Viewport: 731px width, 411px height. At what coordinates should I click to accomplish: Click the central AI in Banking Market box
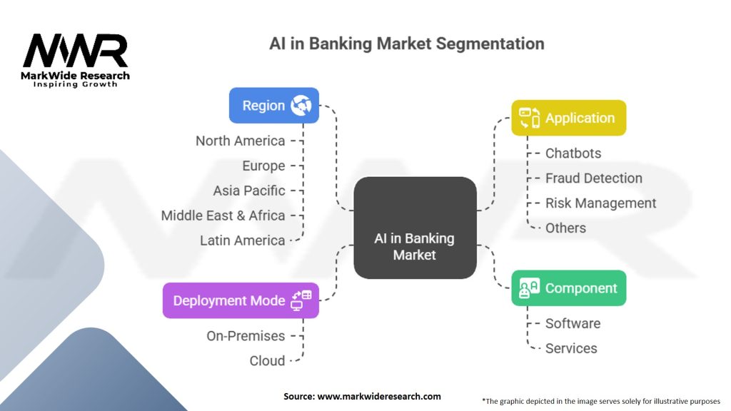(x=415, y=228)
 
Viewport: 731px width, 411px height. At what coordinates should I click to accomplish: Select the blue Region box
(x=273, y=106)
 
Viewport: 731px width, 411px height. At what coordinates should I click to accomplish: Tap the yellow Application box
(x=568, y=118)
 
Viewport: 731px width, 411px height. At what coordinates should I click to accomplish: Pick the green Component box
(x=568, y=288)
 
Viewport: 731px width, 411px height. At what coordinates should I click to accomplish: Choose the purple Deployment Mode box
(x=241, y=300)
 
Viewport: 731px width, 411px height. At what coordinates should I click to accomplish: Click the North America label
(x=241, y=141)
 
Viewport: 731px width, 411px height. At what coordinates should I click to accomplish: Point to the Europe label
(x=263, y=166)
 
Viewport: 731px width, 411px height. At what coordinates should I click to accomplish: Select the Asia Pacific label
(x=249, y=191)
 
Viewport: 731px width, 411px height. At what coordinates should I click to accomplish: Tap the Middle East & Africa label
(x=223, y=215)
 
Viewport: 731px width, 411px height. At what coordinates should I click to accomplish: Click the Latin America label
(x=243, y=240)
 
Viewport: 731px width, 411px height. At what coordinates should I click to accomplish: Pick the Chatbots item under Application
(x=573, y=153)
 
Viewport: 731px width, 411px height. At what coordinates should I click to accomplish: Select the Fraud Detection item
(x=593, y=178)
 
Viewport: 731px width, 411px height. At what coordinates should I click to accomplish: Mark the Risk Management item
(x=600, y=203)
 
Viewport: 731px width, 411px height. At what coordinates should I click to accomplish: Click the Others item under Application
(x=565, y=228)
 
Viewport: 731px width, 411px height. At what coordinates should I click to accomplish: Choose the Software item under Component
(x=573, y=323)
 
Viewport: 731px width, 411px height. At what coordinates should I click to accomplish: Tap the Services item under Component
(x=571, y=348)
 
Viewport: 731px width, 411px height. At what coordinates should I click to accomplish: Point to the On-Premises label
(x=246, y=336)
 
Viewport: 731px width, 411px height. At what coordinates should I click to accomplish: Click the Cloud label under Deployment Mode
(x=267, y=361)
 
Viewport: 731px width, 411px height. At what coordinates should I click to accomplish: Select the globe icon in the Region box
(x=301, y=106)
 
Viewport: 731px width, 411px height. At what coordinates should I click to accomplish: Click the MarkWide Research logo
(x=76, y=59)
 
